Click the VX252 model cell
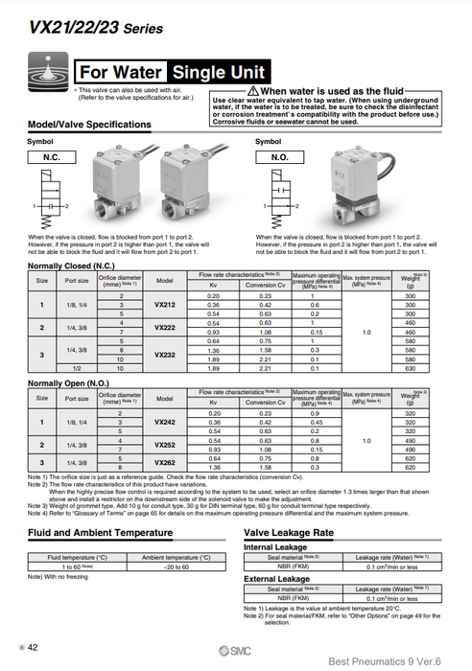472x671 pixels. [164, 446]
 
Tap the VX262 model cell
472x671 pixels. [164, 463]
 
